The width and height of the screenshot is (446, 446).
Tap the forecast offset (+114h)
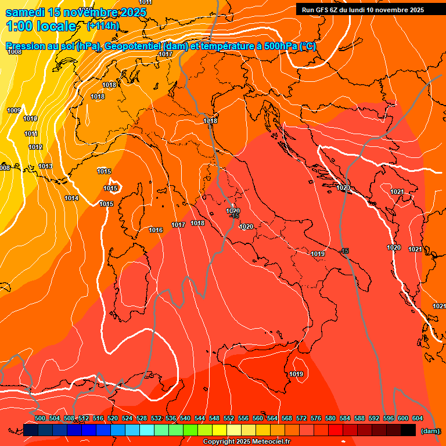pyautogui.click(x=102, y=26)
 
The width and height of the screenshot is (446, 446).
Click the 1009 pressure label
pyautogui.click(x=14, y=110)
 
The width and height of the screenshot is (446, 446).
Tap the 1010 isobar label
pyautogui.click(x=30, y=118)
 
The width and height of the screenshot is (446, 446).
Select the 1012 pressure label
pyautogui.click(x=35, y=147)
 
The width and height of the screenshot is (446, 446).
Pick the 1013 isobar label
pyautogui.click(x=45, y=167)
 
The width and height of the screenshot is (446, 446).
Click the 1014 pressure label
pyautogui.click(x=71, y=198)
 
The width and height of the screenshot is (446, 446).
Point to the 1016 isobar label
pyautogui.click(x=156, y=230)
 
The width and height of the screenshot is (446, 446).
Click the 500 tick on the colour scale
pyautogui.click(x=40, y=418)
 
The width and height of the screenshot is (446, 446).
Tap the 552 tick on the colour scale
pyautogui.click(x=229, y=418)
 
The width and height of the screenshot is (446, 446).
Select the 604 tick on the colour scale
pyautogui.click(x=417, y=418)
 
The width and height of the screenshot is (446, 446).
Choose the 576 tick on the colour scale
pyautogui.click(x=316, y=418)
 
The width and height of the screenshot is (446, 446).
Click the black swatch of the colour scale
pyautogui.click(x=408, y=430)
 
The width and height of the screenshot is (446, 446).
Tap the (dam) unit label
pyautogui.click(x=430, y=430)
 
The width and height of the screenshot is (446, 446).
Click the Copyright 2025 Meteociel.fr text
pyautogui.click(x=246, y=441)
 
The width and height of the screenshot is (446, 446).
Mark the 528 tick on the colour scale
pyautogui.click(x=142, y=418)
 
